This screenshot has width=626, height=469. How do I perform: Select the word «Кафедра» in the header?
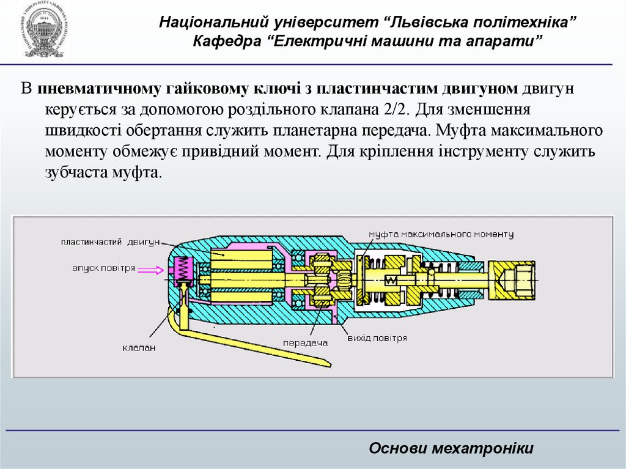(x=230, y=41)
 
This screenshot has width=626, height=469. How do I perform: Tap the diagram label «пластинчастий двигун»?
(x=109, y=242)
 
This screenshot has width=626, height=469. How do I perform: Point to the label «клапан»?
(x=139, y=347)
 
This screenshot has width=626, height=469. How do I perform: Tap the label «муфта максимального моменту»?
(x=440, y=234)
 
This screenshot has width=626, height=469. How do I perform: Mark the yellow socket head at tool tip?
(x=514, y=278)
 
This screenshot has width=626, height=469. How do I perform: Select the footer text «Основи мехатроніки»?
(x=451, y=449)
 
